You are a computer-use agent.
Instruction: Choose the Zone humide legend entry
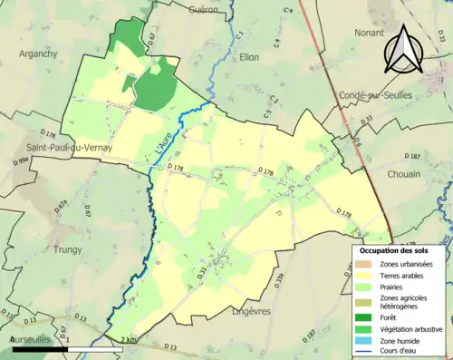point(405,342)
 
